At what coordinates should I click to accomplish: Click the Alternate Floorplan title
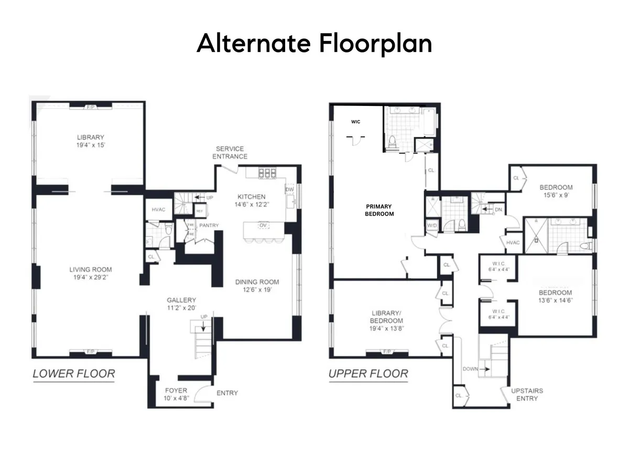[314, 44]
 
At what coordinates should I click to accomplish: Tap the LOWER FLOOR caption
[73, 374]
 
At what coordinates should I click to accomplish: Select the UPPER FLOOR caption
[368, 374]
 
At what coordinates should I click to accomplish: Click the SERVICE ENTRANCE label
[231, 153]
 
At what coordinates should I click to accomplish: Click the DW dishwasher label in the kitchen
[289, 189]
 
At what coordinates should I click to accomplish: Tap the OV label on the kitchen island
[263, 225]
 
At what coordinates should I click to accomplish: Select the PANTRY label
[208, 225]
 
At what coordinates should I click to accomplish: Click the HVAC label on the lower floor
[158, 210]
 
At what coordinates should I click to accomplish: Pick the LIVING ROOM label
[91, 270]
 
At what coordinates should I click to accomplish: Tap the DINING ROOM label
[257, 282]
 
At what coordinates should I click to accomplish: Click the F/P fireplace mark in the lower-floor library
[91, 107]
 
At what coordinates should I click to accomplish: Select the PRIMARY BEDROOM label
[379, 210]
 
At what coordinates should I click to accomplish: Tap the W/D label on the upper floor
[432, 226]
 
